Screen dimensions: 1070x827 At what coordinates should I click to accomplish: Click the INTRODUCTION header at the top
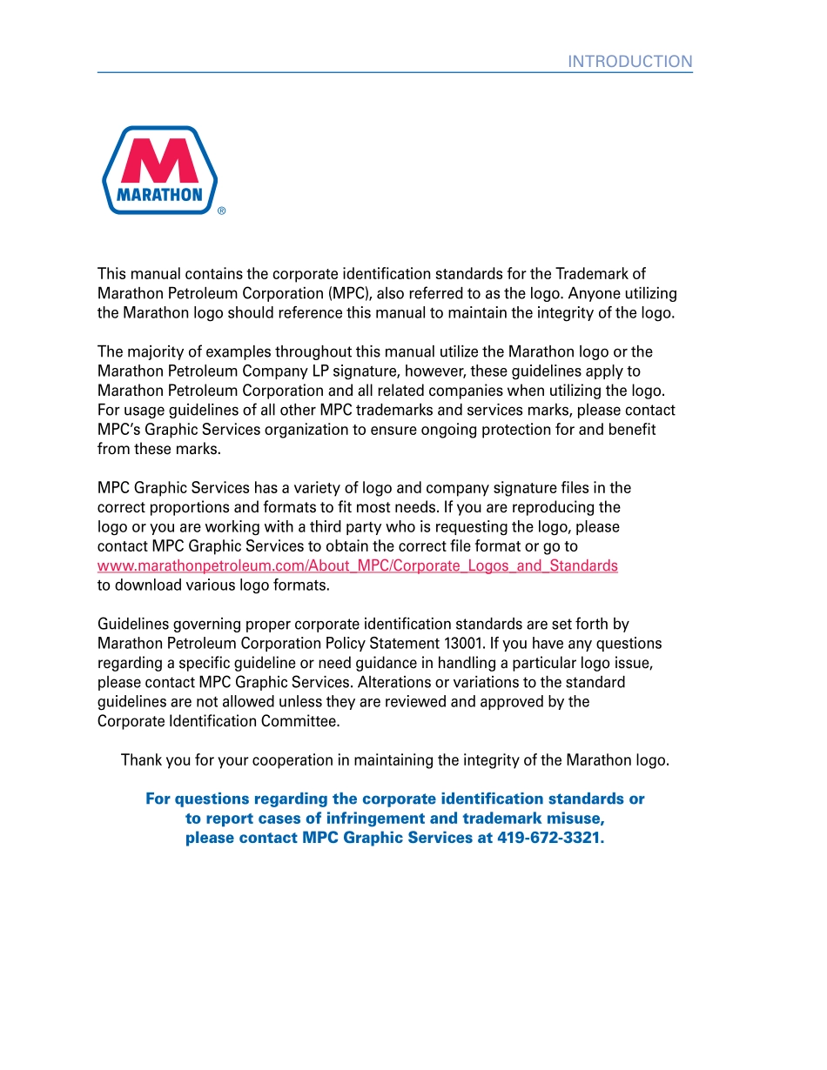click(630, 61)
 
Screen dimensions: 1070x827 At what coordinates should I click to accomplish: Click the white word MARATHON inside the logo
click(159, 195)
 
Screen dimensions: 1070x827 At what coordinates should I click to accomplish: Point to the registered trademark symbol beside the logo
click(222, 211)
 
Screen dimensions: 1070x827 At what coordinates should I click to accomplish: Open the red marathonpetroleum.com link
click(357, 565)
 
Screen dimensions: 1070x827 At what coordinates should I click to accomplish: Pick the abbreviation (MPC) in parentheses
click(350, 293)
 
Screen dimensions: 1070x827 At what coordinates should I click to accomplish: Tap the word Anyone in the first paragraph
click(592, 293)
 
